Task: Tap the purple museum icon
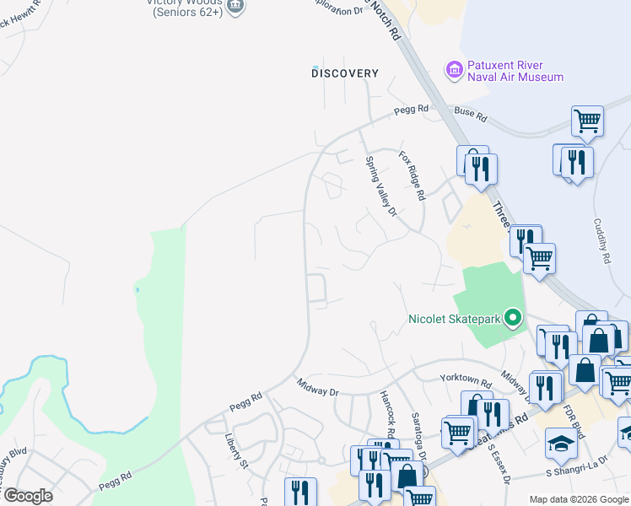(x=454, y=69)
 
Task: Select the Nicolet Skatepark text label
(x=454, y=319)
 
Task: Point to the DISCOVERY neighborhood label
(x=345, y=73)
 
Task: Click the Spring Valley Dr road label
(x=380, y=186)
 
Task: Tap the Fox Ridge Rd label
(x=412, y=175)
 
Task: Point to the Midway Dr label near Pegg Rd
(x=317, y=387)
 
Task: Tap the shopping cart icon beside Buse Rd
(x=587, y=120)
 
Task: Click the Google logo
(x=27, y=496)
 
